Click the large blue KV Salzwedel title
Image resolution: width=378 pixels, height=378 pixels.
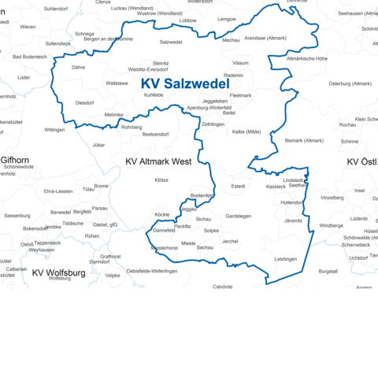pos(185,83)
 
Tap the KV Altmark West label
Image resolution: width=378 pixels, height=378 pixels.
pos(158,161)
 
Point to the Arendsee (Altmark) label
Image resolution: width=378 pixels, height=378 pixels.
pos(266,38)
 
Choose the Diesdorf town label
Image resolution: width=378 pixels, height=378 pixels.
pos(84,102)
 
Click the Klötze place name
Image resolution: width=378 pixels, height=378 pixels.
pos(161,180)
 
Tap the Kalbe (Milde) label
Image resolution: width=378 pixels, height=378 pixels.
pos(246,132)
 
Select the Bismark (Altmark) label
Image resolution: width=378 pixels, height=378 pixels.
pos(304,140)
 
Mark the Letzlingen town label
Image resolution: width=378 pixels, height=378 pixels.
pos(286,258)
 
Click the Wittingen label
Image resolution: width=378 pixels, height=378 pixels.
pos(54,129)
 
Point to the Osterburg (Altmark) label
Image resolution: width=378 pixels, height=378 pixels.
pos(350,83)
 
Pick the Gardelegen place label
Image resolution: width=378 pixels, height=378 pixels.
pos(239,216)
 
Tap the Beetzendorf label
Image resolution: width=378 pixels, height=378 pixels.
pos(155,135)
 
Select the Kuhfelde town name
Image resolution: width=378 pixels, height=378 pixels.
pos(154,94)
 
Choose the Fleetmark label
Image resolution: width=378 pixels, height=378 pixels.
pos(240,95)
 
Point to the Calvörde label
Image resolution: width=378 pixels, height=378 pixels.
pos(223,287)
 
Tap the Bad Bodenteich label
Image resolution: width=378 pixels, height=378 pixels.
pos(30,57)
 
